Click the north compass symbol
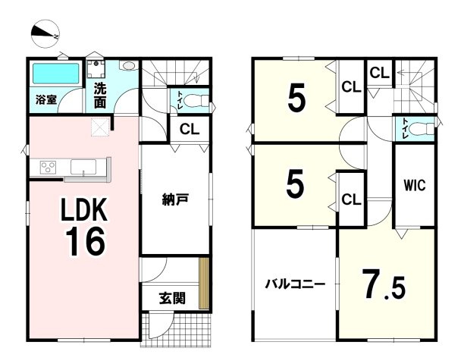(45, 33)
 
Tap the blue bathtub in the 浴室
(56, 73)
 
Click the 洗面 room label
(100, 96)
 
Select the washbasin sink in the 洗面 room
(129, 65)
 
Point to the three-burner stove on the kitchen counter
(48, 167)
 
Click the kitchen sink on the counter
(83, 167)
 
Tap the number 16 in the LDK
(85, 243)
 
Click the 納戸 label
(175, 199)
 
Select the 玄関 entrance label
(173, 298)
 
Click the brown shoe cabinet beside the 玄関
(204, 284)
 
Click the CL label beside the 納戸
(190, 129)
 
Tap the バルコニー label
(295, 284)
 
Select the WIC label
(415, 185)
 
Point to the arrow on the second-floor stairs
(403, 72)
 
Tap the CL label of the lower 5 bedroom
(351, 199)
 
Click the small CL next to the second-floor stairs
(379, 73)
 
